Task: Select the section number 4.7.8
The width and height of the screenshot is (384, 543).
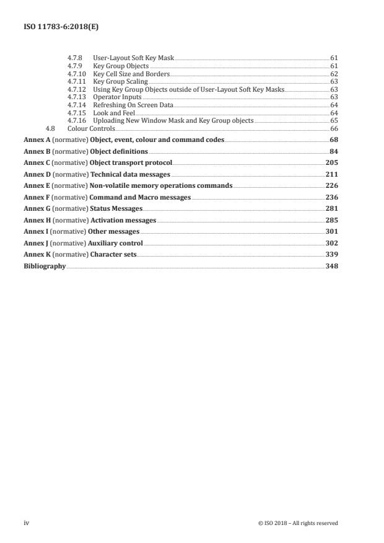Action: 74,58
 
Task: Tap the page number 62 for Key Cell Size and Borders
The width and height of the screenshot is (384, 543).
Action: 334,74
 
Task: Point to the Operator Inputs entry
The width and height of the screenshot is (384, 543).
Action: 117,97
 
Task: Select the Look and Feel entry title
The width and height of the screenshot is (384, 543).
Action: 113,113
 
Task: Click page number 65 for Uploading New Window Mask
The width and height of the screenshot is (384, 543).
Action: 334,120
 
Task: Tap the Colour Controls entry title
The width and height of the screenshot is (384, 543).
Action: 92,128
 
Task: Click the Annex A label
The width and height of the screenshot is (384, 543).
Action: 37,140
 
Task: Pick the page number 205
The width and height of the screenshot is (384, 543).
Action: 331,163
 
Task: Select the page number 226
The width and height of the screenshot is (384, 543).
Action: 331,186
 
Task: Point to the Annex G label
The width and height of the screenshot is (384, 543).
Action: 37,209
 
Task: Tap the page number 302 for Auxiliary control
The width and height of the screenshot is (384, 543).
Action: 331,243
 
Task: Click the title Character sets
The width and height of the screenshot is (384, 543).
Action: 113,255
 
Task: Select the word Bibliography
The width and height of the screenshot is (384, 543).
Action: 45,266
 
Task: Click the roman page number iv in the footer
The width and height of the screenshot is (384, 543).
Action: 27,523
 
